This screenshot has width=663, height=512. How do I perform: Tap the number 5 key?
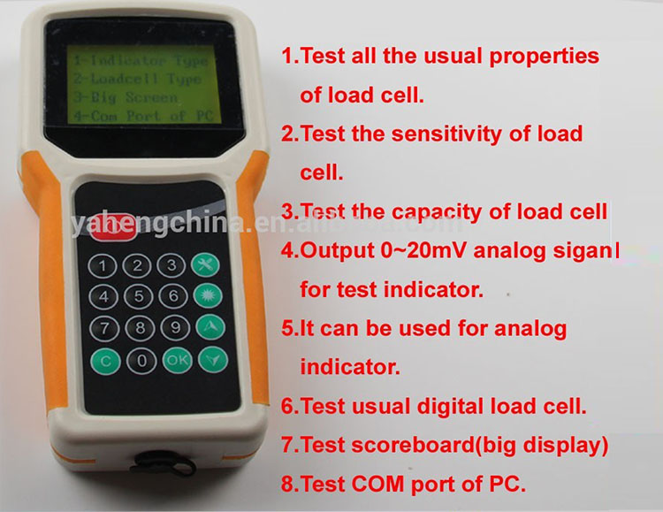[x=138, y=295]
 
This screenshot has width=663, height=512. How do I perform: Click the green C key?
[x=106, y=360]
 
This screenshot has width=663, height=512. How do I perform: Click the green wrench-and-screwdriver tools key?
[x=205, y=264]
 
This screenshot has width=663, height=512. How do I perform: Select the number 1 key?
[x=105, y=264]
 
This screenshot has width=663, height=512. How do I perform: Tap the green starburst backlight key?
[x=207, y=294]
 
